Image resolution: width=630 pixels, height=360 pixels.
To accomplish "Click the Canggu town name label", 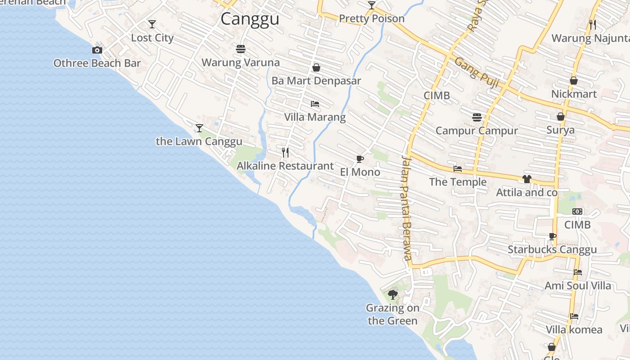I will tap(250, 19).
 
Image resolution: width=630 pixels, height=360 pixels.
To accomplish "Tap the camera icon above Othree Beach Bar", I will tap(97, 50).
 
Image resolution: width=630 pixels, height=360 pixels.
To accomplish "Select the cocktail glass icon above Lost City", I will tap(152, 24).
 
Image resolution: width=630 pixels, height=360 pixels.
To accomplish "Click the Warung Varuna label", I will tap(240, 63).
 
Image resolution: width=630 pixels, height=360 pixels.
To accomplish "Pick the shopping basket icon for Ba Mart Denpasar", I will tap(316, 67).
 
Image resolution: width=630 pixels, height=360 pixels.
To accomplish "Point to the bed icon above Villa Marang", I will tap(315, 104).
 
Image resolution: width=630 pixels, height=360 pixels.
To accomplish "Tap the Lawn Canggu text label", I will tap(199, 141).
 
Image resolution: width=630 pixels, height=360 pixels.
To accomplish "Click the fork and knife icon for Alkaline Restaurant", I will tap(285, 153).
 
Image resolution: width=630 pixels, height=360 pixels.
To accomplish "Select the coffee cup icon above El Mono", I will tap(360, 159).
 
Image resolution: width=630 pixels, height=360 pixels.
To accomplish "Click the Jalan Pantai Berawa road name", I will tap(407, 207).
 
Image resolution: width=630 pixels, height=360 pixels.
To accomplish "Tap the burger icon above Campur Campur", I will tap(477, 117).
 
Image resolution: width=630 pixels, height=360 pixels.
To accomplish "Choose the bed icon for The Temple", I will tap(458, 169).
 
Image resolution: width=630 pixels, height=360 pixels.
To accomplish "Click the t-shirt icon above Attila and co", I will tap(527, 179).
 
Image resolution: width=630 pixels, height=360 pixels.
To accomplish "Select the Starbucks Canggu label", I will tap(552, 250).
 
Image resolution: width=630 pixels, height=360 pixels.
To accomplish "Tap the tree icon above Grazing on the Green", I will tap(393, 295).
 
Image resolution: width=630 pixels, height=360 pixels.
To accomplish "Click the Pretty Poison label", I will tap(372, 19).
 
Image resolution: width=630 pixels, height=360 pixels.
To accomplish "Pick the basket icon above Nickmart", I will tap(574, 81).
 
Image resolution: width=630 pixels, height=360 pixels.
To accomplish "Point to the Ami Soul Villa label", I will tap(578, 286).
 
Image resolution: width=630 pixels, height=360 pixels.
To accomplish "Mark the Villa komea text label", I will tap(574, 330).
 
